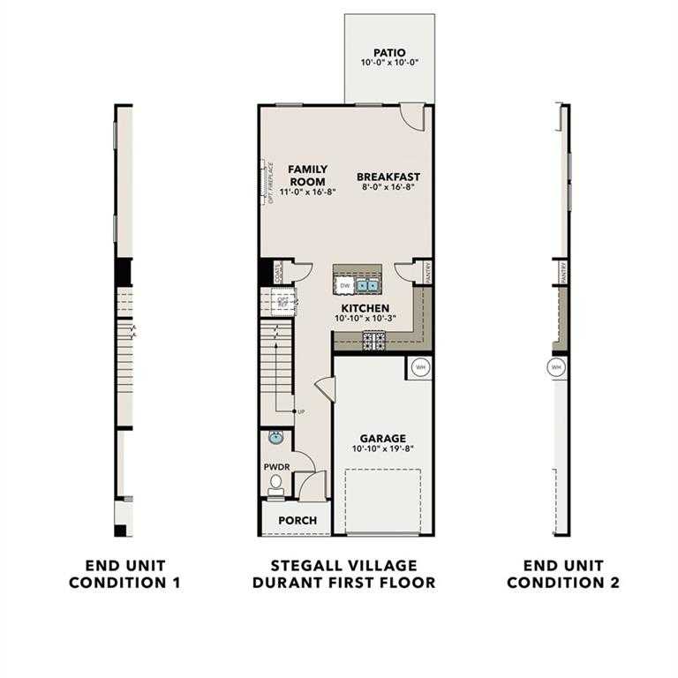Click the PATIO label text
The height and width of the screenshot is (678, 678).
[389, 51]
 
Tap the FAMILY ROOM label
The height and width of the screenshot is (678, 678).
[307, 175]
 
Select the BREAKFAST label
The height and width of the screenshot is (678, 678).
[388, 177]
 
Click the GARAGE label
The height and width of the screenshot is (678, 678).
[382, 438]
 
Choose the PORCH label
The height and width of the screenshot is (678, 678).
[298, 520]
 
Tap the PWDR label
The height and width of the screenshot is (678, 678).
[276, 466]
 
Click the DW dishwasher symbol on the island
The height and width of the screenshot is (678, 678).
[345, 286]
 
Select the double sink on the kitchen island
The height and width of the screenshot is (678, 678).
[367, 286]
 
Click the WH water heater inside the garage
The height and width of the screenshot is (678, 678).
[420, 367]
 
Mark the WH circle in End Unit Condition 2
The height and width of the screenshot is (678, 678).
[556, 366]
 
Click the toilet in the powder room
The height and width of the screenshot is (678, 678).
[275, 483]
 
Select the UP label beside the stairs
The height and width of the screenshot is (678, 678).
[302, 412]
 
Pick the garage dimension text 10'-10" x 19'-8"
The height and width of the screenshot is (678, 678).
[382, 449]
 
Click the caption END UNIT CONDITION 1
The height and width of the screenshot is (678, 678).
[124, 574]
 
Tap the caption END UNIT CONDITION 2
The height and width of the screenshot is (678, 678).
[562, 574]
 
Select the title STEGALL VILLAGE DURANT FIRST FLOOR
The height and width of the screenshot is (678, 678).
[343, 574]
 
